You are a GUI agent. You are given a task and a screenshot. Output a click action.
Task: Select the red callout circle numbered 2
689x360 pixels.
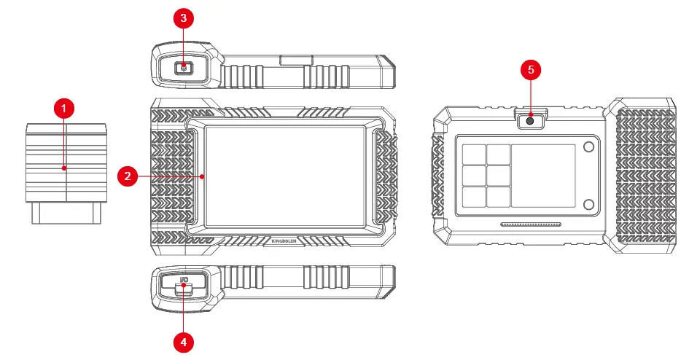coord(128,176)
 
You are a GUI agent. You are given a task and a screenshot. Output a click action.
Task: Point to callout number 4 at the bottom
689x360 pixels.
coord(183,340)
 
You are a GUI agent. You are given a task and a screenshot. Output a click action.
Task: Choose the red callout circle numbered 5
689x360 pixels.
coord(530,70)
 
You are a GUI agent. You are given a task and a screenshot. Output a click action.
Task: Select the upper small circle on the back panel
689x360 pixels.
coord(588,148)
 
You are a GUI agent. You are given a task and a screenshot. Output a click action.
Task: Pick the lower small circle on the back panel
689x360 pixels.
coord(588,203)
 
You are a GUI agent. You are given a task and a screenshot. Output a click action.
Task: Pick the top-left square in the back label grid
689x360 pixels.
coord(474,153)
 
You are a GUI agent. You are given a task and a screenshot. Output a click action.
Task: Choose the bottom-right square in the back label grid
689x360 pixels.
coord(498,197)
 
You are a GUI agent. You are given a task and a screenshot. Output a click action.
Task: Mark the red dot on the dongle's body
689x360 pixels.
coord(65,168)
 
